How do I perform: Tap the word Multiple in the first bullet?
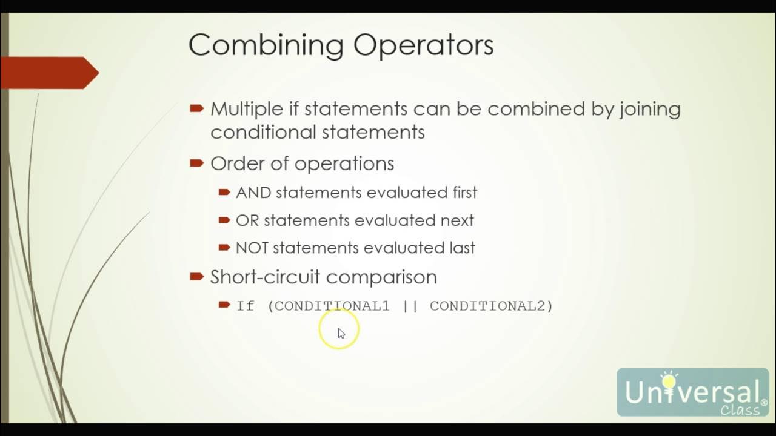point(246,109)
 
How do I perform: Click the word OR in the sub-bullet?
point(247,220)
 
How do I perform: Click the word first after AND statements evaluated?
point(463,193)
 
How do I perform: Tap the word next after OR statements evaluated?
point(459,220)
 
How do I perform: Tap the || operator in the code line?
point(410,306)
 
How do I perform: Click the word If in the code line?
point(245,306)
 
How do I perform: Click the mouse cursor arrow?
point(341,333)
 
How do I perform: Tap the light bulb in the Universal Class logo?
point(669,380)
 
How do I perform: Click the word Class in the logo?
point(740,410)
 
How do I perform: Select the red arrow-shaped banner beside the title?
point(48,73)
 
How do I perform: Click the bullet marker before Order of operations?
point(196,163)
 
